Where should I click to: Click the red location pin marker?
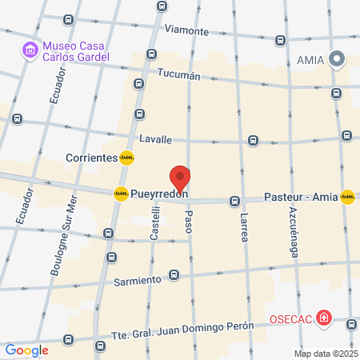click(x=180, y=178)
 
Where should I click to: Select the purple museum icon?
click(x=30, y=50)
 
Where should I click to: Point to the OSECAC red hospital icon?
click(x=323, y=318)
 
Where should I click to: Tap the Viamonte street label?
click(x=186, y=31)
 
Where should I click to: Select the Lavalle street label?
click(x=155, y=139)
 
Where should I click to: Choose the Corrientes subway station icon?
click(x=126, y=158)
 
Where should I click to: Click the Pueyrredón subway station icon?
click(x=121, y=194)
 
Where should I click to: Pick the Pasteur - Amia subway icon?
click(x=347, y=197)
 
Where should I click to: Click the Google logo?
click(x=27, y=350)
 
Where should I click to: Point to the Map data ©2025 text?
click(x=326, y=354)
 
